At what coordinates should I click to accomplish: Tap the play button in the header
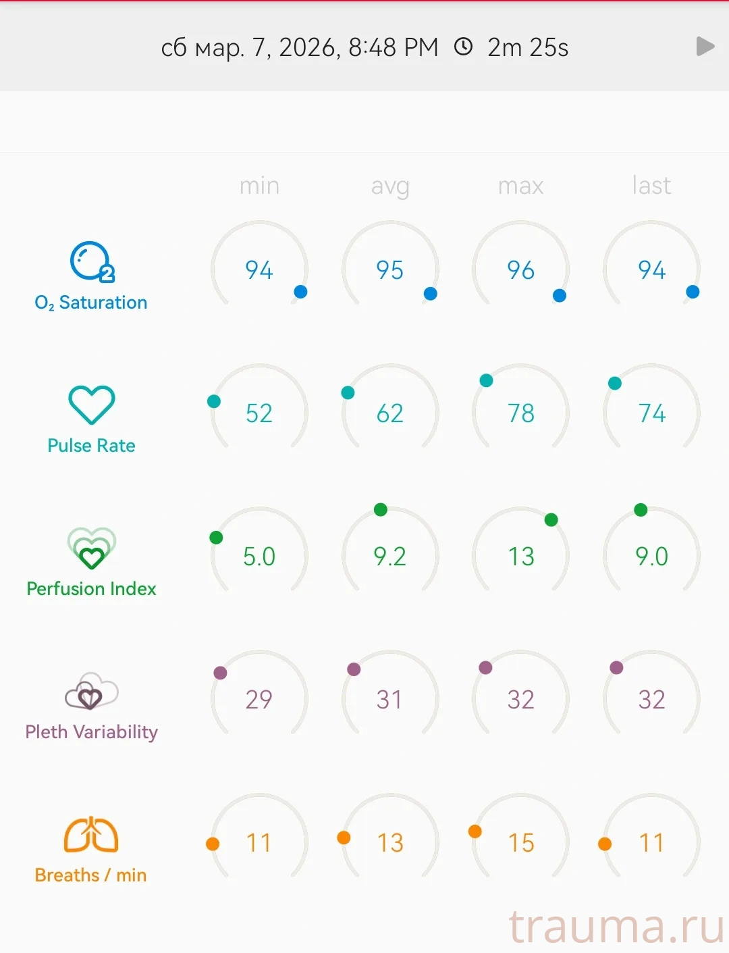click(705, 47)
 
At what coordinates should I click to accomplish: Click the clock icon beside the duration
click(463, 47)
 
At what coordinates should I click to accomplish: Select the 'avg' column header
click(390, 186)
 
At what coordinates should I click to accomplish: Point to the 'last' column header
click(651, 186)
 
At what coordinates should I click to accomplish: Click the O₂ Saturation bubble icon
click(92, 261)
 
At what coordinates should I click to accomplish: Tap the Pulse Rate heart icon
click(92, 405)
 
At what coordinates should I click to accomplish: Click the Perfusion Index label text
click(91, 589)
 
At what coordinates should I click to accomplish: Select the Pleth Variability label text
click(91, 732)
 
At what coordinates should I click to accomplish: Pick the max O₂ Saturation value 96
click(520, 270)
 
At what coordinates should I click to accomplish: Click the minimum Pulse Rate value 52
click(259, 413)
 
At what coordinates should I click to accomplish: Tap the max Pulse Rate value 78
click(520, 413)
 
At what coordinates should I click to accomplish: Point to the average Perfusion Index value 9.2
click(390, 557)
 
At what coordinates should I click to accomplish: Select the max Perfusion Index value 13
click(520, 557)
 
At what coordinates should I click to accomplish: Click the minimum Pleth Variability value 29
click(259, 700)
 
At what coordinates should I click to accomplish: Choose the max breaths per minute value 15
click(520, 843)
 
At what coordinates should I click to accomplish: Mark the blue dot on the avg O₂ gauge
click(430, 294)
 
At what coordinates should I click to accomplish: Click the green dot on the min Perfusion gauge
click(216, 538)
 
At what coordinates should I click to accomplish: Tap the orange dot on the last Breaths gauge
click(605, 844)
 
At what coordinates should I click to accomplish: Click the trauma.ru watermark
click(616, 926)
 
